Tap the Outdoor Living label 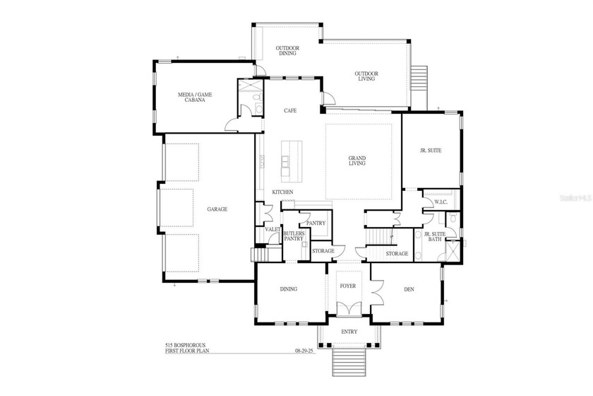[x=367, y=77]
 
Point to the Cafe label [x=289, y=111]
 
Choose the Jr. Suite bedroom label [x=431, y=150]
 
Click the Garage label [x=217, y=209]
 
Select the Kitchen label [x=282, y=192]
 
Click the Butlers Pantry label [x=294, y=236]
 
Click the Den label [x=409, y=289]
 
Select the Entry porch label [x=349, y=332]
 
